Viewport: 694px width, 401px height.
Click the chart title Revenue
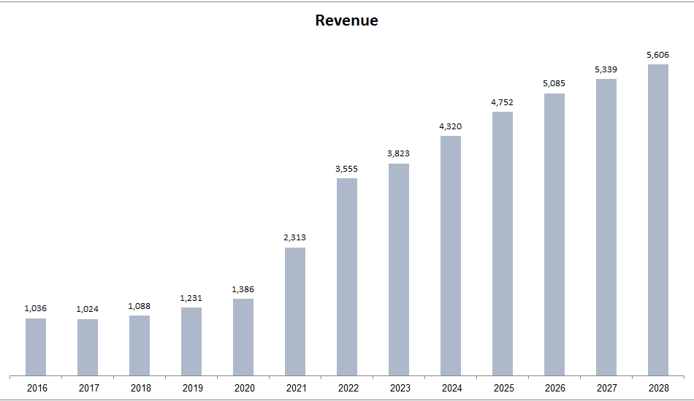click(x=346, y=20)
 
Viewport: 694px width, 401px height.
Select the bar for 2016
click(x=36, y=347)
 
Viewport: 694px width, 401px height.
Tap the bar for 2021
click(x=295, y=312)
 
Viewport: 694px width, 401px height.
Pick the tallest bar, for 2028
click(x=658, y=220)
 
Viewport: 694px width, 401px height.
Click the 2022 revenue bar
click(x=347, y=277)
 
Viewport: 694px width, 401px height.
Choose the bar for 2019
click(x=191, y=341)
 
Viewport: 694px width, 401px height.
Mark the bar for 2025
click(x=503, y=243)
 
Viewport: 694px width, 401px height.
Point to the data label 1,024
click(x=88, y=309)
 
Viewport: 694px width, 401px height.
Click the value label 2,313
click(x=295, y=237)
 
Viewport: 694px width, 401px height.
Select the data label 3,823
click(x=399, y=153)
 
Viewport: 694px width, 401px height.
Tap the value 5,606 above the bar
click(x=658, y=54)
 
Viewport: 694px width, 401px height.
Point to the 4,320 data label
click(x=451, y=126)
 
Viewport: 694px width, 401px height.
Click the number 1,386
click(x=243, y=289)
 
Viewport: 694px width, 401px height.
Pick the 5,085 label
click(x=554, y=83)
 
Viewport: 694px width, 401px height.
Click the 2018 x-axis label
click(x=140, y=388)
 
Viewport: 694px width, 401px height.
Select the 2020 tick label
click(x=243, y=388)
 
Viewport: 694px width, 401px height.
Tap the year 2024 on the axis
click(x=451, y=388)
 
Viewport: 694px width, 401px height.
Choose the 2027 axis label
click(x=606, y=388)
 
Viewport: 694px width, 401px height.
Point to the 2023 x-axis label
click(x=399, y=388)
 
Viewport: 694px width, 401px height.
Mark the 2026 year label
click(x=554, y=388)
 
